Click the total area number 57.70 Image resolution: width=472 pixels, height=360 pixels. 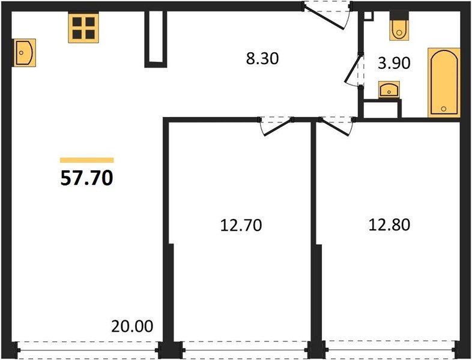pos(86,178)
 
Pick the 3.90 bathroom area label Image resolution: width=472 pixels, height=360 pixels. pos(393,62)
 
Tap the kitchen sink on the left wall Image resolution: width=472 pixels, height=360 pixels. pos(23,52)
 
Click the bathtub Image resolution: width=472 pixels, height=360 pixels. pos(444,82)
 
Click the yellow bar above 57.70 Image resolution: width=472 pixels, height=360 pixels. pos(86,160)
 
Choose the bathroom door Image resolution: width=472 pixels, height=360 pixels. pos(354,71)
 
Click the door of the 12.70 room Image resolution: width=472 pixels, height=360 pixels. pos(276,124)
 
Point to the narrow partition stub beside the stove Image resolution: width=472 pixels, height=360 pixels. pos(154,38)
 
